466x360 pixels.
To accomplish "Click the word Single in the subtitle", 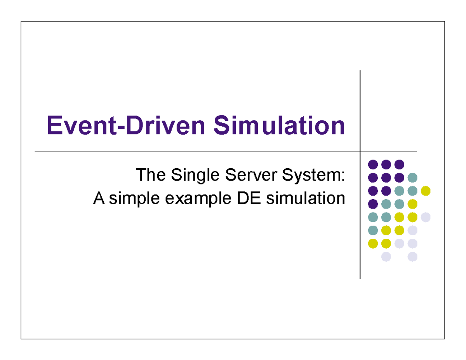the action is pyautogui.click(x=195, y=176).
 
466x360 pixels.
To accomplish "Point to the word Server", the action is pyautogui.click(x=251, y=175).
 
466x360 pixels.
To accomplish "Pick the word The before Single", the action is pyautogui.click(x=151, y=175).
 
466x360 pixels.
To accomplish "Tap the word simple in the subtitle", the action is pyautogui.click(x=134, y=199).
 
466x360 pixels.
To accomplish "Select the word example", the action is pyautogui.click(x=198, y=199).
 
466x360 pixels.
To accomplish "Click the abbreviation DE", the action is pyautogui.click(x=249, y=198).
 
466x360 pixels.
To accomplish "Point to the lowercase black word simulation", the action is pyautogui.click(x=306, y=198).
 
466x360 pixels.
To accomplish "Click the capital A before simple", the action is pyautogui.click(x=99, y=198).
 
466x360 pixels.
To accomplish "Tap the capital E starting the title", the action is pyautogui.click(x=54, y=125).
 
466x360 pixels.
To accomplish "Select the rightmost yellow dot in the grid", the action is pyautogui.click(x=426, y=191).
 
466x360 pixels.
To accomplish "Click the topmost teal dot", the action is pyautogui.click(x=412, y=177).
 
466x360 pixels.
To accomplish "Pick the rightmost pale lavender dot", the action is pyautogui.click(x=426, y=217).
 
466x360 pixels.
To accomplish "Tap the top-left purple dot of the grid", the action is pyautogui.click(x=373, y=164).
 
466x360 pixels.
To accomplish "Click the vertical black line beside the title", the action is pyautogui.click(x=360, y=174).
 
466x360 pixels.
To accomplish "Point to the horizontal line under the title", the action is pyautogui.click(x=226, y=152).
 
